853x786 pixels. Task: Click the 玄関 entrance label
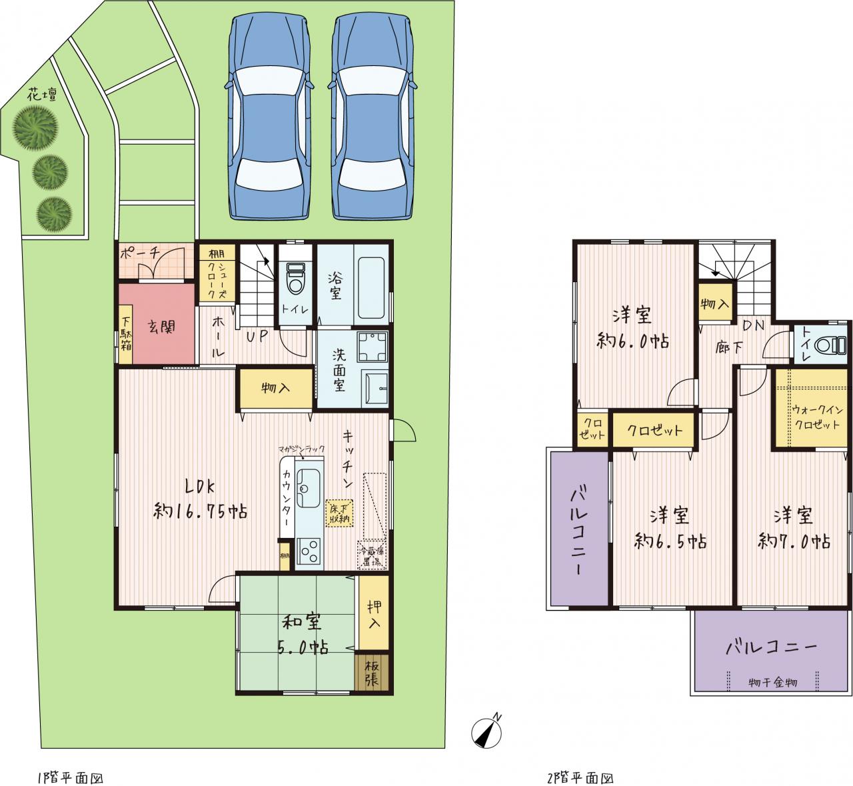[161, 327]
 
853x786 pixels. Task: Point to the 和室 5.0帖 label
[303, 635]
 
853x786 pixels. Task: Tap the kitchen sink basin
[309, 488]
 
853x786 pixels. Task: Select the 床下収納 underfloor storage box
[340, 513]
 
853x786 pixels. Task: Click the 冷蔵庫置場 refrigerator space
[372, 555]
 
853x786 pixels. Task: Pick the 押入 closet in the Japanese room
[374, 613]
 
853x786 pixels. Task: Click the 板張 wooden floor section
[372, 673]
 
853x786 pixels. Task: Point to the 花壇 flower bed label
[42, 95]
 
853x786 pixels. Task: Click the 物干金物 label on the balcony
[772, 683]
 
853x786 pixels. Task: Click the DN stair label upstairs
[754, 325]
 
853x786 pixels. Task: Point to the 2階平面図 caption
[580, 779]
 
